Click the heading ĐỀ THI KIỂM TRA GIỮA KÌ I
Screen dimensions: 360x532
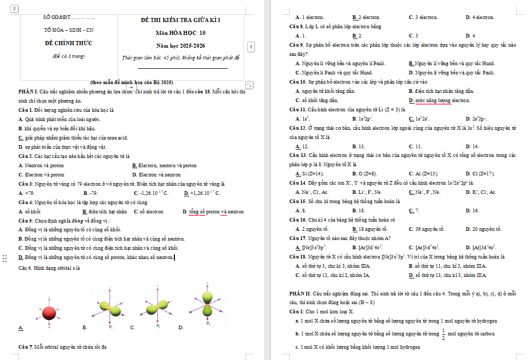pyautogui.click(x=180, y=20)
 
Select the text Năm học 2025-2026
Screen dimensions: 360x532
pyautogui.click(x=180, y=46)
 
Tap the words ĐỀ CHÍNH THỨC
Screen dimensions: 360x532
pyautogui.click(x=69, y=43)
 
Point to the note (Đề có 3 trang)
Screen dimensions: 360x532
pyautogui.click(x=69, y=56)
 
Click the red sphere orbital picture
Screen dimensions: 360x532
pyautogui.click(x=49, y=312)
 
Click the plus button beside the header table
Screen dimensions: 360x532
pyautogui.click(x=251, y=47)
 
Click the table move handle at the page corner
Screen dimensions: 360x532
pyautogui.click(x=14, y=9)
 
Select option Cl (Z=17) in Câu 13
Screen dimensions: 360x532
pyautogui.click(x=483, y=174)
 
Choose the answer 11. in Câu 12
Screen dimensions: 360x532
pyautogui.click(x=418, y=146)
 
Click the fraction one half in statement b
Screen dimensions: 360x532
pyautogui.click(x=444, y=333)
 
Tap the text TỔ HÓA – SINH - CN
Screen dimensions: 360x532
pyautogui.click(x=69, y=30)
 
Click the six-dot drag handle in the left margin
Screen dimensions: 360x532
pyautogui.click(x=5, y=258)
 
